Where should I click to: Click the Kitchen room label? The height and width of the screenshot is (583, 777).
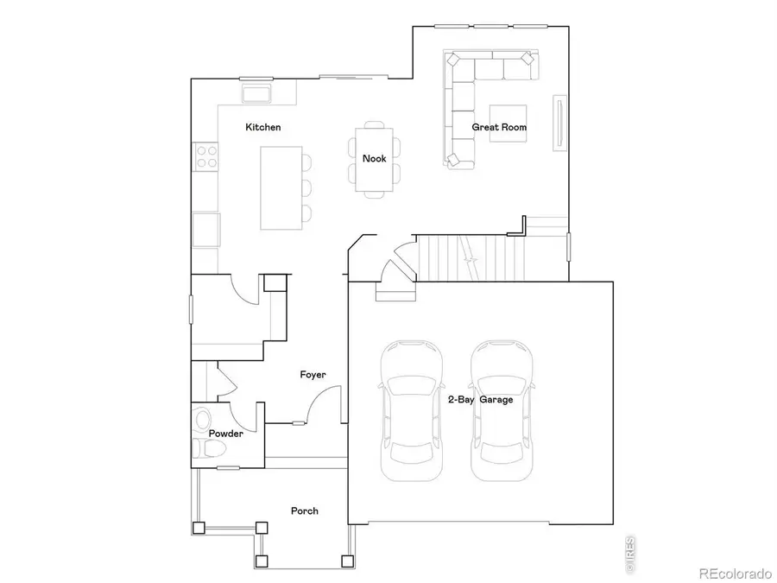262,127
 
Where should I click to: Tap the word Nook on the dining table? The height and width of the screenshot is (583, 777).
374,158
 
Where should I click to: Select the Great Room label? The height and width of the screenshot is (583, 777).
499,127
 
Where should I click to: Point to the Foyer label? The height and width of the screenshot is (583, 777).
313,374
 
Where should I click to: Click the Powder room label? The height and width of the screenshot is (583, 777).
225,434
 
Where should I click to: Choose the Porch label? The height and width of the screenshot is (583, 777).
304,510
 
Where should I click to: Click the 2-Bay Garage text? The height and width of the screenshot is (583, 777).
480,400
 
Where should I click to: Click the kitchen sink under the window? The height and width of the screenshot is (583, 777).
256,94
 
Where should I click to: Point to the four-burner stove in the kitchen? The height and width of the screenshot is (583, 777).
206,155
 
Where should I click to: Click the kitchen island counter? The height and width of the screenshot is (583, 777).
281,187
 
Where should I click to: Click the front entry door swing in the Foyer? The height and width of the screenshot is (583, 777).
321,406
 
